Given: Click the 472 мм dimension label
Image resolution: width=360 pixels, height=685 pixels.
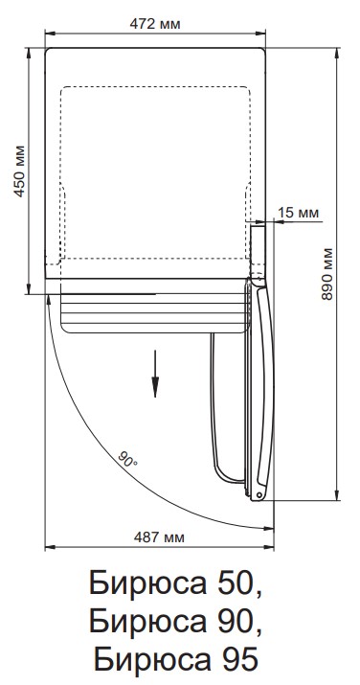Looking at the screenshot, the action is coord(154,24).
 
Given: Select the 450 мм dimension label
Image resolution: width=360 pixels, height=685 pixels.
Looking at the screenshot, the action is coord(20,171).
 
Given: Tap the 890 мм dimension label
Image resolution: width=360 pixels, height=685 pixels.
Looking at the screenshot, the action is coord(326,274).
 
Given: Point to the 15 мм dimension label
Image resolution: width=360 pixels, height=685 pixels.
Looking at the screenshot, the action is coord(299,213).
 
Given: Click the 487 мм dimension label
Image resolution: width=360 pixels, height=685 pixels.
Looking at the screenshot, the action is coord(159,537).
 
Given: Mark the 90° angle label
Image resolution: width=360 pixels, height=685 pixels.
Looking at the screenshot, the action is coord(128,459).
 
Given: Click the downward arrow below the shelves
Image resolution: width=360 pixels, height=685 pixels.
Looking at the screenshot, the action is coord(155,374).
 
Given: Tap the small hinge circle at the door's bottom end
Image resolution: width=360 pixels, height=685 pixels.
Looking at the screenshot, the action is coord(259,495).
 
